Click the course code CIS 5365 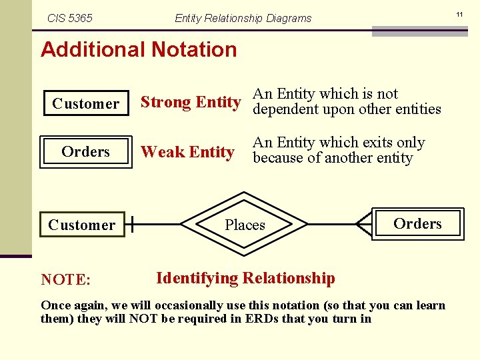pyautogui.click(x=70, y=18)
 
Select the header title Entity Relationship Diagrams pyautogui.click(x=243, y=18)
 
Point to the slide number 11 pyautogui.click(x=459, y=13)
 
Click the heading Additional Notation pyautogui.click(x=139, y=49)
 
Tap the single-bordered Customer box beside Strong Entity pyautogui.click(x=86, y=103)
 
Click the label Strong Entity pyautogui.click(x=190, y=102)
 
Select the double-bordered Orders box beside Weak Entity pyautogui.click(x=86, y=152)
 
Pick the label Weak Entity pyautogui.click(x=187, y=153)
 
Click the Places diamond pyautogui.click(x=245, y=225)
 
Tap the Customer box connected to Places pyautogui.click(x=81, y=225)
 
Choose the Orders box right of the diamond pyautogui.click(x=417, y=224)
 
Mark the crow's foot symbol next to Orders pyautogui.click(x=364, y=225)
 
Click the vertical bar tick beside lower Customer pyautogui.click(x=133, y=225)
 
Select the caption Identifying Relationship pyautogui.click(x=245, y=278)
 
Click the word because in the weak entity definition pyautogui.click(x=280, y=159)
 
